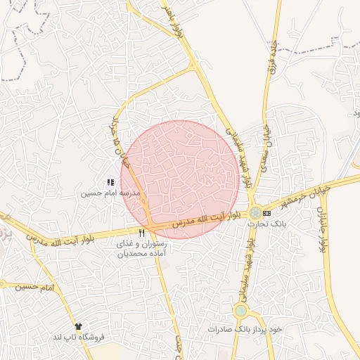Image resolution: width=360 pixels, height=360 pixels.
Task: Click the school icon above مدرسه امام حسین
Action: click(x=110, y=183)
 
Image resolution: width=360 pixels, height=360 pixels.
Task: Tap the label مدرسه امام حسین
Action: click(x=110, y=193)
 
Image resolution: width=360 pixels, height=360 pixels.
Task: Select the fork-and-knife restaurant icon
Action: click(x=142, y=233)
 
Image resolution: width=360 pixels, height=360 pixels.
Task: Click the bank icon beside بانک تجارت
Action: click(x=266, y=212)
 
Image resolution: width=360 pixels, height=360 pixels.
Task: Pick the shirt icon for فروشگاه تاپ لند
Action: click(x=77, y=327)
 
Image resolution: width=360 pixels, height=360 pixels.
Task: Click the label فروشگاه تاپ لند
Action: click(x=78, y=337)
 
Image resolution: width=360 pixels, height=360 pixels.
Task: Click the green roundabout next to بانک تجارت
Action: click(x=255, y=212)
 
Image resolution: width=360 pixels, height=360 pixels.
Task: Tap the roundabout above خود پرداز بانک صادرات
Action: click(x=241, y=310)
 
